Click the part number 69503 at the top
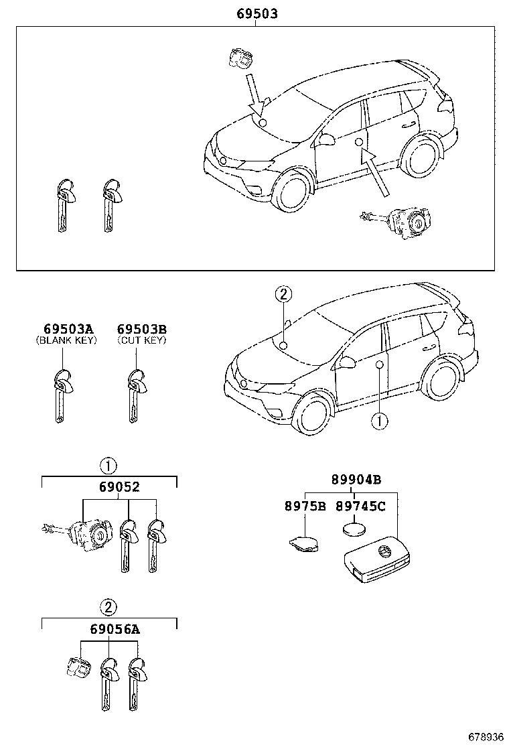[256, 13]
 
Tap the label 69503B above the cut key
[141, 329]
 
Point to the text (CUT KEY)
[141, 340]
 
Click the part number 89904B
[356, 480]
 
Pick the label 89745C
[360, 506]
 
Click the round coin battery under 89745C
[355, 529]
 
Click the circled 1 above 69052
[108, 466]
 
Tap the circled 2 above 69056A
[108, 608]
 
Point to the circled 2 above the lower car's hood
[283, 294]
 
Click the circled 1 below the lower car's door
[379, 421]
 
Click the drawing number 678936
[484, 736]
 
